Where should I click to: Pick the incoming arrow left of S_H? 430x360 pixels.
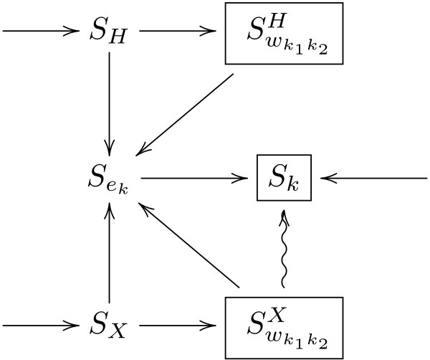[x=39, y=32]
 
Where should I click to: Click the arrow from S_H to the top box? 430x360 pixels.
[x=179, y=32]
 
